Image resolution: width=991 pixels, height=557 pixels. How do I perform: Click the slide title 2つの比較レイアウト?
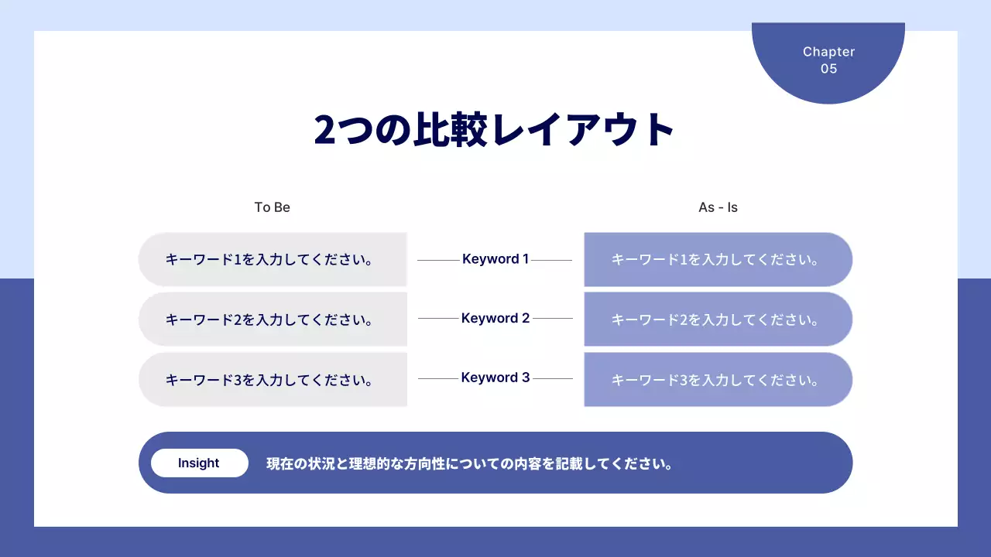495,130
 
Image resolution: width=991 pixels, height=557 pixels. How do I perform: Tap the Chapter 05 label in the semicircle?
828,60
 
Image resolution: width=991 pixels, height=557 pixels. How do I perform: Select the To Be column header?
273,207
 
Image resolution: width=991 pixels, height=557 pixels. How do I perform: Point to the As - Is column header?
718,207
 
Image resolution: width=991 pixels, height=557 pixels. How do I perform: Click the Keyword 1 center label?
495,259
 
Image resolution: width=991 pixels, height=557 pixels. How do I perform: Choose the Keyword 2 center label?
495,318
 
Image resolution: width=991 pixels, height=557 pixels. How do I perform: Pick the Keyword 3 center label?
495,378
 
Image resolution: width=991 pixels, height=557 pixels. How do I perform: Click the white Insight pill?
199,463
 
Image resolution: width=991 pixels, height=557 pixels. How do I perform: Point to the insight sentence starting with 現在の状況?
469,464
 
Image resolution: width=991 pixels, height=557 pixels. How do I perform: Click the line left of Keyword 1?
438,261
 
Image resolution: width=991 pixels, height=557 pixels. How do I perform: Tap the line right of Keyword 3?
553,379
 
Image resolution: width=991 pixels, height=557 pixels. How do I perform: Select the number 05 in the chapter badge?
828,69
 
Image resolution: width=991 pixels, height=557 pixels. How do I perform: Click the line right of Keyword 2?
553,319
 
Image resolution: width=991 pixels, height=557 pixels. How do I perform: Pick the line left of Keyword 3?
438,379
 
